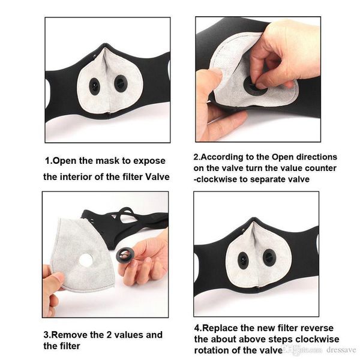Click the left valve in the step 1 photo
(94, 86)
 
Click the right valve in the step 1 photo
(121, 83)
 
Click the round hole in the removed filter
(86, 260)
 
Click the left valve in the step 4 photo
(243, 260)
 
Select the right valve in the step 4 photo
(269, 257)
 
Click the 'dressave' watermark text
(341, 350)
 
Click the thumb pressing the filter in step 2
(209, 81)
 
